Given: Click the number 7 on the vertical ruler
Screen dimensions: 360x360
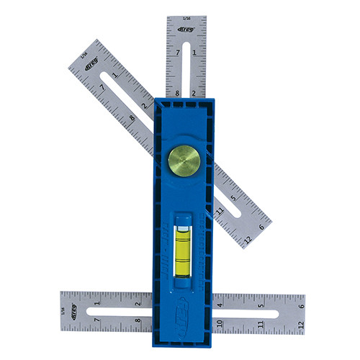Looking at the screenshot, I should [177, 54].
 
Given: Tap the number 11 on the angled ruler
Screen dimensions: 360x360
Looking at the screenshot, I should [218, 210].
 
